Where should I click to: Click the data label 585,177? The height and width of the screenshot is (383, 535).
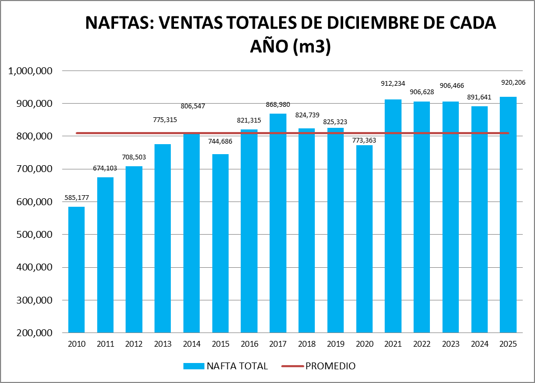pos(76,198)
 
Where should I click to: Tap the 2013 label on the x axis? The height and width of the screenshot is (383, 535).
pos(162,345)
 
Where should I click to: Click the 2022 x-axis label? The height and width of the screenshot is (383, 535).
pos(422,345)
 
